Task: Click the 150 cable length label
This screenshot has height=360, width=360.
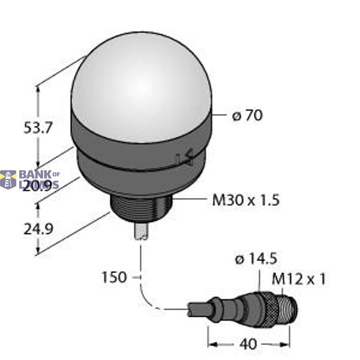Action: [115, 277]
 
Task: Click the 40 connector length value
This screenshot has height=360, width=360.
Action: [248, 344]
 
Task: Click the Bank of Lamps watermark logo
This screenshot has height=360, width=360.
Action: [30, 179]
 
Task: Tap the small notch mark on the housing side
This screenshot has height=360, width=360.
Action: [185, 158]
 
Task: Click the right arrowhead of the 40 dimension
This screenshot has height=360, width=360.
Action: [286, 344]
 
